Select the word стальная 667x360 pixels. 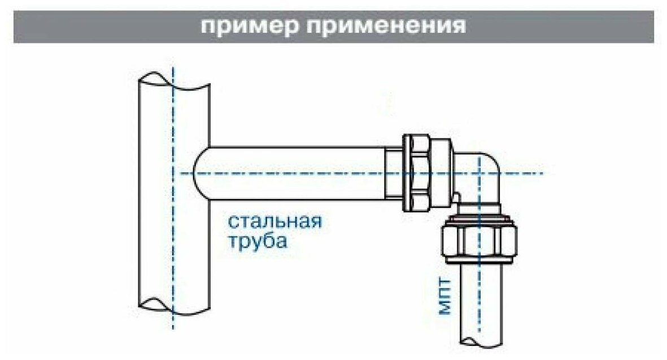[274, 221]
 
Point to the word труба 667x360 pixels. [258, 241]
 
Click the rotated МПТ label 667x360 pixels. [446, 297]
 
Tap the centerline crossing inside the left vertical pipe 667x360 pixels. [173, 173]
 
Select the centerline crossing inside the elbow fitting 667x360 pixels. [479, 173]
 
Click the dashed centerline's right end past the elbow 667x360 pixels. [540, 173]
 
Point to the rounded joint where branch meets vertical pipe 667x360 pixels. [200, 173]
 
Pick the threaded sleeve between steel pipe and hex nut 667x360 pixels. [394, 172]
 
